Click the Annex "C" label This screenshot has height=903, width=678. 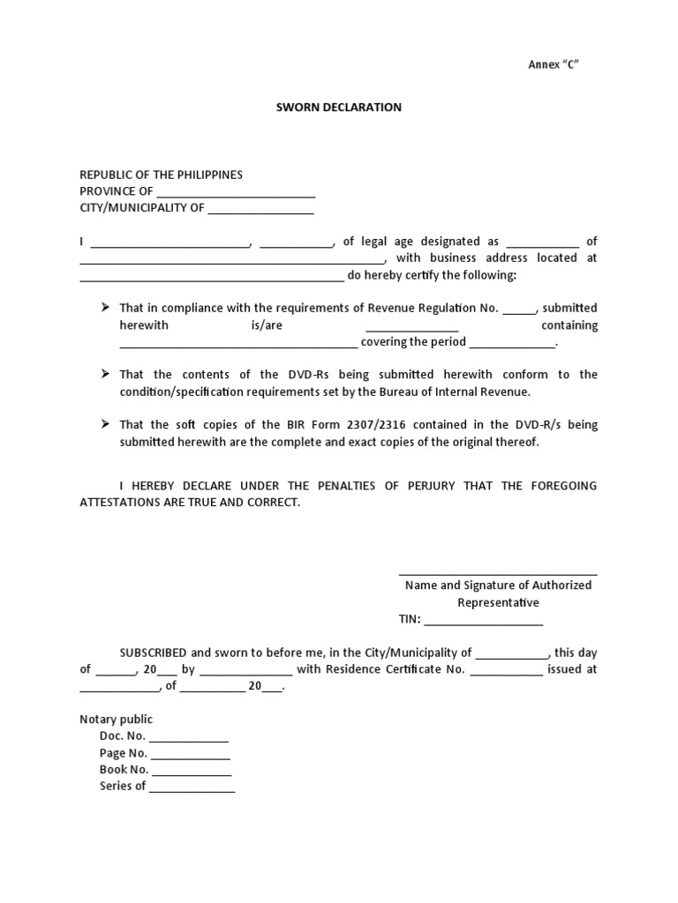pyautogui.click(x=553, y=65)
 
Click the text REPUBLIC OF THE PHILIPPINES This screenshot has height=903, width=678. pyautogui.click(x=162, y=175)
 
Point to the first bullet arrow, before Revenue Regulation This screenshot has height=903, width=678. pyautogui.click(x=104, y=307)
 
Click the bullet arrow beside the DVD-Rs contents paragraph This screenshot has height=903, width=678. pyautogui.click(x=104, y=374)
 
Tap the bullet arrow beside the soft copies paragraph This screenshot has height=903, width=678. pyautogui.click(x=104, y=424)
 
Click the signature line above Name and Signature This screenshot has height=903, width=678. pyautogui.click(x=498, y=574)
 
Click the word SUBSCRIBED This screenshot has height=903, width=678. pyautogui.click(x=153, y=653)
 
